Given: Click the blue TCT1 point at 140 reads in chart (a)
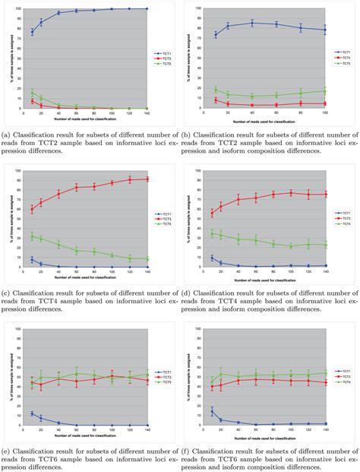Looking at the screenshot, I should coord(147,9).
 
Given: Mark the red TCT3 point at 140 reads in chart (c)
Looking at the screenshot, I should coord(147,179).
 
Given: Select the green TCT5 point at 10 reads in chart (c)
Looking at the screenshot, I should coord(32,236).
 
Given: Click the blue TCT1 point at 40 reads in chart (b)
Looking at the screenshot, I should coord(252,23).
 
